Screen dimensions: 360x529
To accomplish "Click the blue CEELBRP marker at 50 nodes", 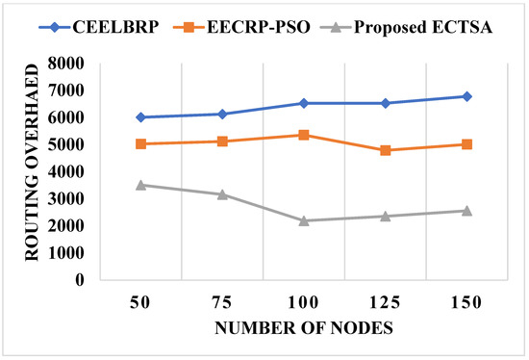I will pos(141,117).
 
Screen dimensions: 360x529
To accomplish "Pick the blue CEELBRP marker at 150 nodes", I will pos(466,96).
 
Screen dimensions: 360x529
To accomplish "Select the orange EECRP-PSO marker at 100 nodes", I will pos(304,135).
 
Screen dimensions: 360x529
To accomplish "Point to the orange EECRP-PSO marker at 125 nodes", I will pos(385,150).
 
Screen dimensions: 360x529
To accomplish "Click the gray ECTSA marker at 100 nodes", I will pos(304,220).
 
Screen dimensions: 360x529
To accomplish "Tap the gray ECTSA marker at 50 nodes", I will pos(141,185).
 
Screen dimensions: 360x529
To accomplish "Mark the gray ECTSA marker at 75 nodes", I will pos(222,194).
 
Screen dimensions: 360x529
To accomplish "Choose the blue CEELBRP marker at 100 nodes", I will pos(304,103).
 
